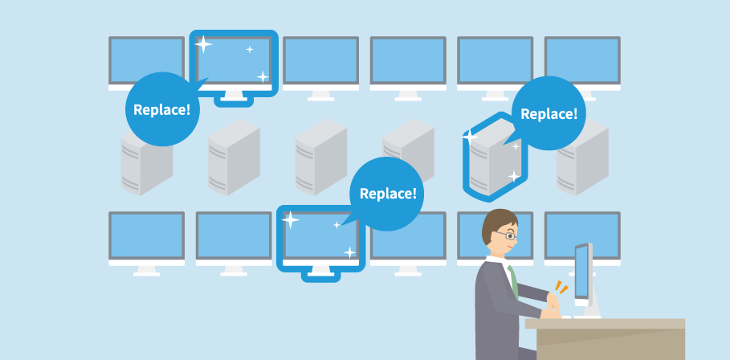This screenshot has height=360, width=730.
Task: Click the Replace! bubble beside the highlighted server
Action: coord(549,113)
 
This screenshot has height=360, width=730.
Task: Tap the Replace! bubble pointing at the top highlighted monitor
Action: coord(161,109)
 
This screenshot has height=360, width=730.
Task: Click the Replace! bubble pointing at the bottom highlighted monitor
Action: coord(387,194)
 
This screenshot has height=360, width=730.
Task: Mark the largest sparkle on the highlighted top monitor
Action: coord(204,44)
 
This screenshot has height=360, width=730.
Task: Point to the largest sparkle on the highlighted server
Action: coord(471,137)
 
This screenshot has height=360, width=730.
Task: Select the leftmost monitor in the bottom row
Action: coord(147,237)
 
